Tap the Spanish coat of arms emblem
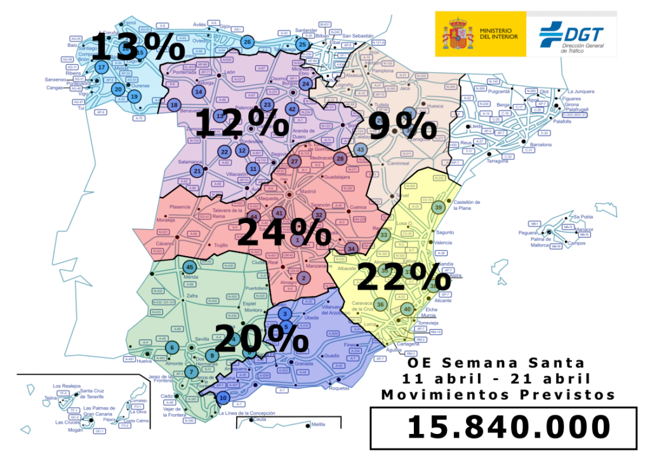457,33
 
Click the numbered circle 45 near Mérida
189,267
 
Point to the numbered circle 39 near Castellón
438,207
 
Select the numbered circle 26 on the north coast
248,43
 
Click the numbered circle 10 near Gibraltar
222,398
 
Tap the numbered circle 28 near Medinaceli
340,158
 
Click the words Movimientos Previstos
498,395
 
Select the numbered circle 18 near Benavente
175,105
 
